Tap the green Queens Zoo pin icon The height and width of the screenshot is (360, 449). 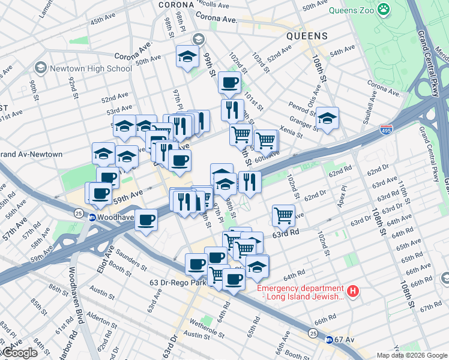(x=384, y=10)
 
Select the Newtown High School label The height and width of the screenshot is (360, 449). (x=91, y=68)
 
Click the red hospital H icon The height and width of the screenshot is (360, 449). (x=354, y=292)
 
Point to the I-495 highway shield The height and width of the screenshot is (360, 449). (x=387, y=130)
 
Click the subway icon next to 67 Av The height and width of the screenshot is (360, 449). (x=329, y=340)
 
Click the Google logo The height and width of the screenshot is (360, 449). (x=19, y=353)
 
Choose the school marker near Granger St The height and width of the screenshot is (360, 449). (x=328, y=119)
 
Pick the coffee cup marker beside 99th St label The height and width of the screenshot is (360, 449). (x=229, y=83)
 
